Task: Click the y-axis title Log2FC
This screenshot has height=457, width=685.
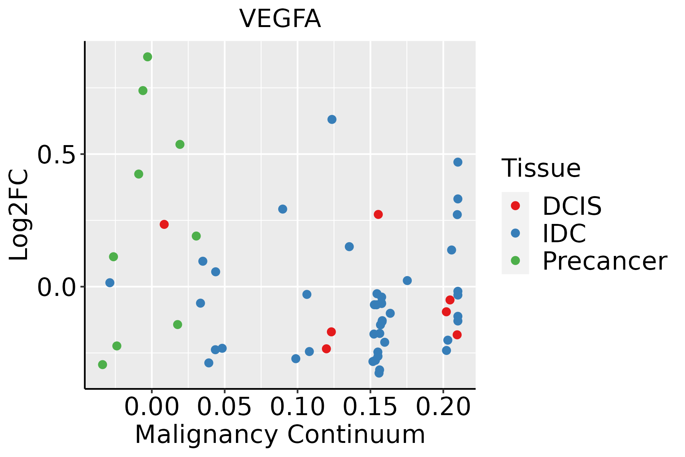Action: pos(19,215)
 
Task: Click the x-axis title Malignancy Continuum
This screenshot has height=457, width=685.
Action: pos(280,435)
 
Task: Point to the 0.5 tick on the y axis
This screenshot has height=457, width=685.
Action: pos(56,154)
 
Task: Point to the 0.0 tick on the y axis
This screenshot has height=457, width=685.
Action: pos(56,287)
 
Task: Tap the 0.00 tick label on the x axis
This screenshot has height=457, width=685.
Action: pos(151,407)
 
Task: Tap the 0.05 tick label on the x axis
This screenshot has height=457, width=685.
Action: pos(225,407)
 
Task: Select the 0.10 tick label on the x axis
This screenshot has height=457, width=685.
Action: pos(298,407)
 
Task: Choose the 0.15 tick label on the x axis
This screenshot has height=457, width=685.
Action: pos(370,407)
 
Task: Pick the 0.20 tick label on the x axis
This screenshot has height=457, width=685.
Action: pos(443,407)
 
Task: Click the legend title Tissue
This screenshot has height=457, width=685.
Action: pos(541,168)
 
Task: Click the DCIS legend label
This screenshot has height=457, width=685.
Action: pos(572,206)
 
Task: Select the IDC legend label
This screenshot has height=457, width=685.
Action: pos(564,233)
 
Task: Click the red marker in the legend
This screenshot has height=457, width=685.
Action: pos(515,206)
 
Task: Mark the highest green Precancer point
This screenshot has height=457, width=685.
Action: pos(148,57)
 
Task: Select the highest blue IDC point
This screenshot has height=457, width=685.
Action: pos(332,120)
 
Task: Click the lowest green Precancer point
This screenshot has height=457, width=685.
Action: pos(102,364)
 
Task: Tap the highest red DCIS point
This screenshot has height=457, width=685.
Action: pos(378,214)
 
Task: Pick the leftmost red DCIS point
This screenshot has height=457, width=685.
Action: pos(164,224)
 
